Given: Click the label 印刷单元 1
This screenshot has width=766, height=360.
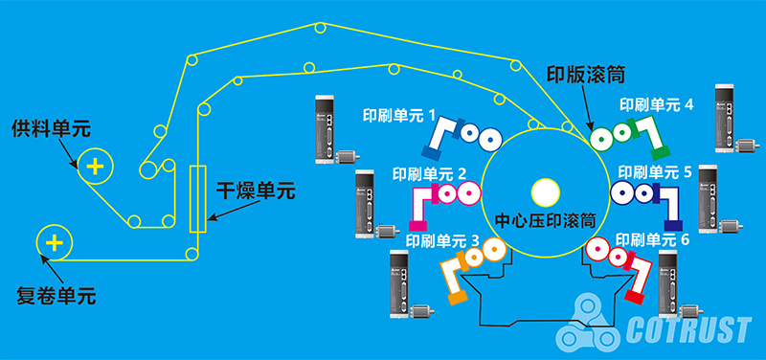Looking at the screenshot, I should pyautogui.click(x=400, y=116).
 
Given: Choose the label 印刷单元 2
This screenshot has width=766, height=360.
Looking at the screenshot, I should pyautogui.click(x=429, y=174).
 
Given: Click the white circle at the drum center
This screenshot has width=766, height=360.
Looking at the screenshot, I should pyautogui.click(x=545, y=192).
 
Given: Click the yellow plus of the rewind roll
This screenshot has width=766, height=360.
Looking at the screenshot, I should pyautogui.click(x=54, y=243).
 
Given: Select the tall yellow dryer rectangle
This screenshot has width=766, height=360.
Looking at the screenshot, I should pyautogui.click(x=197, y=198).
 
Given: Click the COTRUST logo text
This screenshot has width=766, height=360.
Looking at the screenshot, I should pyautogui.click(x=687, y=331).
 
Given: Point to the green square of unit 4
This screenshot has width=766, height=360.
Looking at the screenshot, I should pyautogui.click(x=659, y=151).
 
